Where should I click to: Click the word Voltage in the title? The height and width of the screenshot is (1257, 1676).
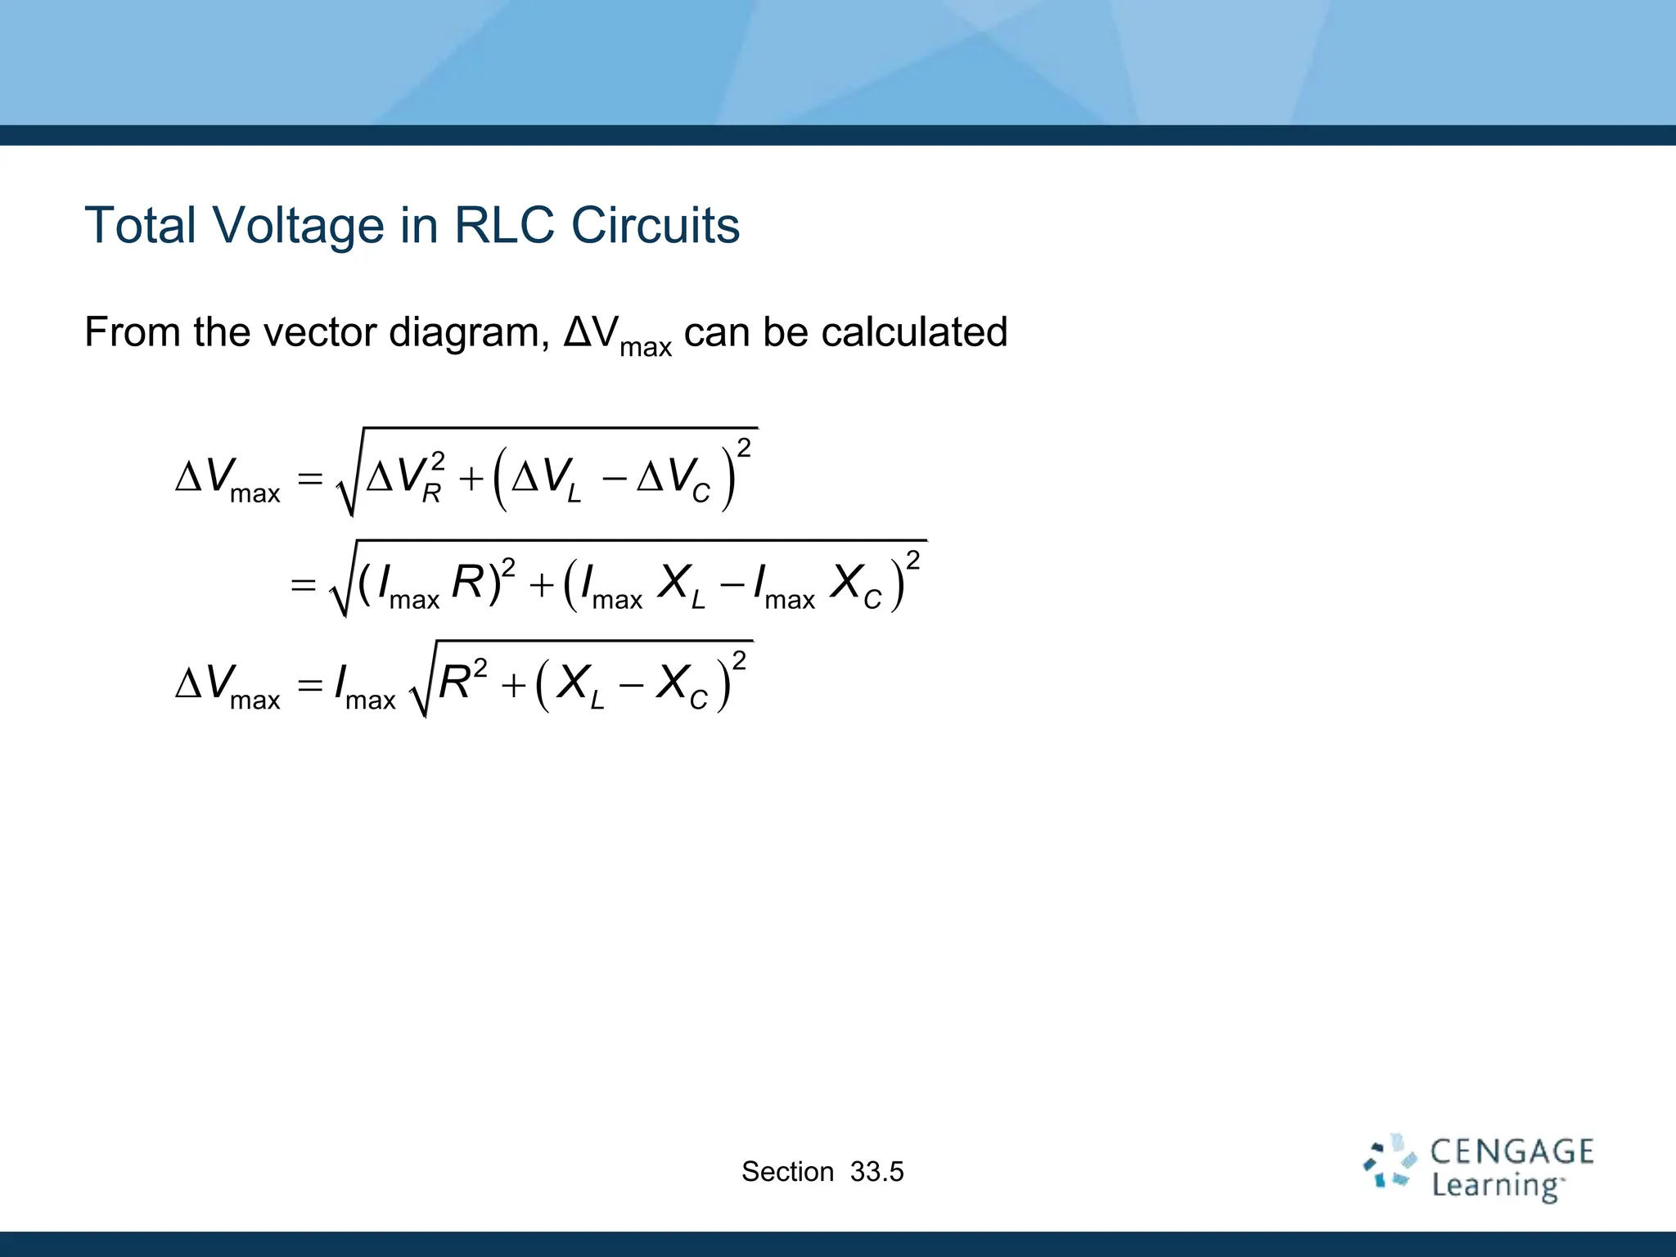[x=298, y=226]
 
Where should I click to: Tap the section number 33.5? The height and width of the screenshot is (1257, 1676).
[x=876, y=1172]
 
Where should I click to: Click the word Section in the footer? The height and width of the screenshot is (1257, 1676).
[x=787, y=1172]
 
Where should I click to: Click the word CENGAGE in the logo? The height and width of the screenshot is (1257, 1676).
[x=1512, y=1151]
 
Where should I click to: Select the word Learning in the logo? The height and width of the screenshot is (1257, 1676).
[x=1496, y=1185]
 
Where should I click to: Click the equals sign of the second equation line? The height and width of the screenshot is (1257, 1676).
[x=304, y=584]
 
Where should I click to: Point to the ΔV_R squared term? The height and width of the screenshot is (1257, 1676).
[x=406, y=477]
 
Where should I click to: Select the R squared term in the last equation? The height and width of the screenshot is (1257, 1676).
[x=462, y=681]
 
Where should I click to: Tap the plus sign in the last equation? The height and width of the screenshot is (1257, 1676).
[x=513, y=685]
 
